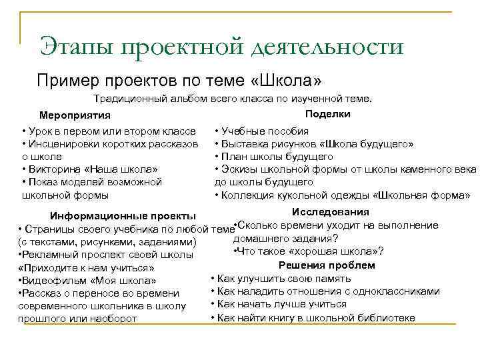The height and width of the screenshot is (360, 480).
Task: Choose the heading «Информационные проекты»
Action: pos(123,216)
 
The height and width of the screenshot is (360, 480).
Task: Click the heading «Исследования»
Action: pos(330,212)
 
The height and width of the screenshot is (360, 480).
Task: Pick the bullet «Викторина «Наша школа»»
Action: pos(92,169)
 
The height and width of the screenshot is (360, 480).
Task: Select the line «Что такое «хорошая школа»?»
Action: pos(310,251)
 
